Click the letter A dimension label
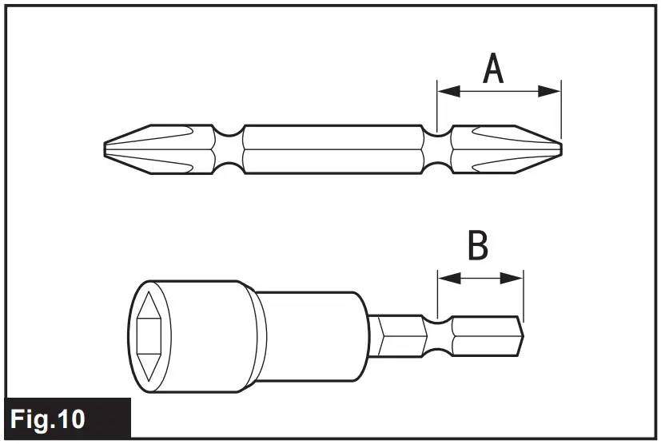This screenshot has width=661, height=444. click(494, 69)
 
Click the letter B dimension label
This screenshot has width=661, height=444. click(478, 247)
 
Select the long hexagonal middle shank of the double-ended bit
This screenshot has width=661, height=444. click(332, 149)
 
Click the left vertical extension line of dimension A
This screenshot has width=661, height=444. click(437, 104)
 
